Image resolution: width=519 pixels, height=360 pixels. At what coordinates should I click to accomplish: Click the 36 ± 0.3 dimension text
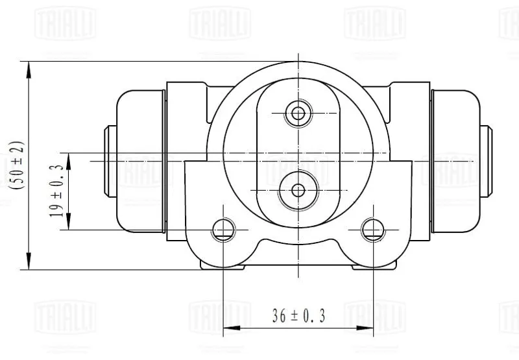[x=298, y=315]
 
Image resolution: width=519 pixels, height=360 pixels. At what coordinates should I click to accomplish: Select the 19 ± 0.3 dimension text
[x=56, y=191]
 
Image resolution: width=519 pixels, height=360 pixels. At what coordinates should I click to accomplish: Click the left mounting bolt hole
[x=223, y=230]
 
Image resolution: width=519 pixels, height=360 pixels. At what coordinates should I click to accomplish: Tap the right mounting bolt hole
[x=374, y=230]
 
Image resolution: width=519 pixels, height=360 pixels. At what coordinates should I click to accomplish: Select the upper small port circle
[x=298, y=114]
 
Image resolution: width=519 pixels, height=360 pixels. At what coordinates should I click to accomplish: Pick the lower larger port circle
[x=298, y=190]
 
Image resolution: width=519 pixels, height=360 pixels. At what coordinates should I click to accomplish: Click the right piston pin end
[x=486, y=162]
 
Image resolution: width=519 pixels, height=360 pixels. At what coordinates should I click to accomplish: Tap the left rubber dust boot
[x=141, y=162]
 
